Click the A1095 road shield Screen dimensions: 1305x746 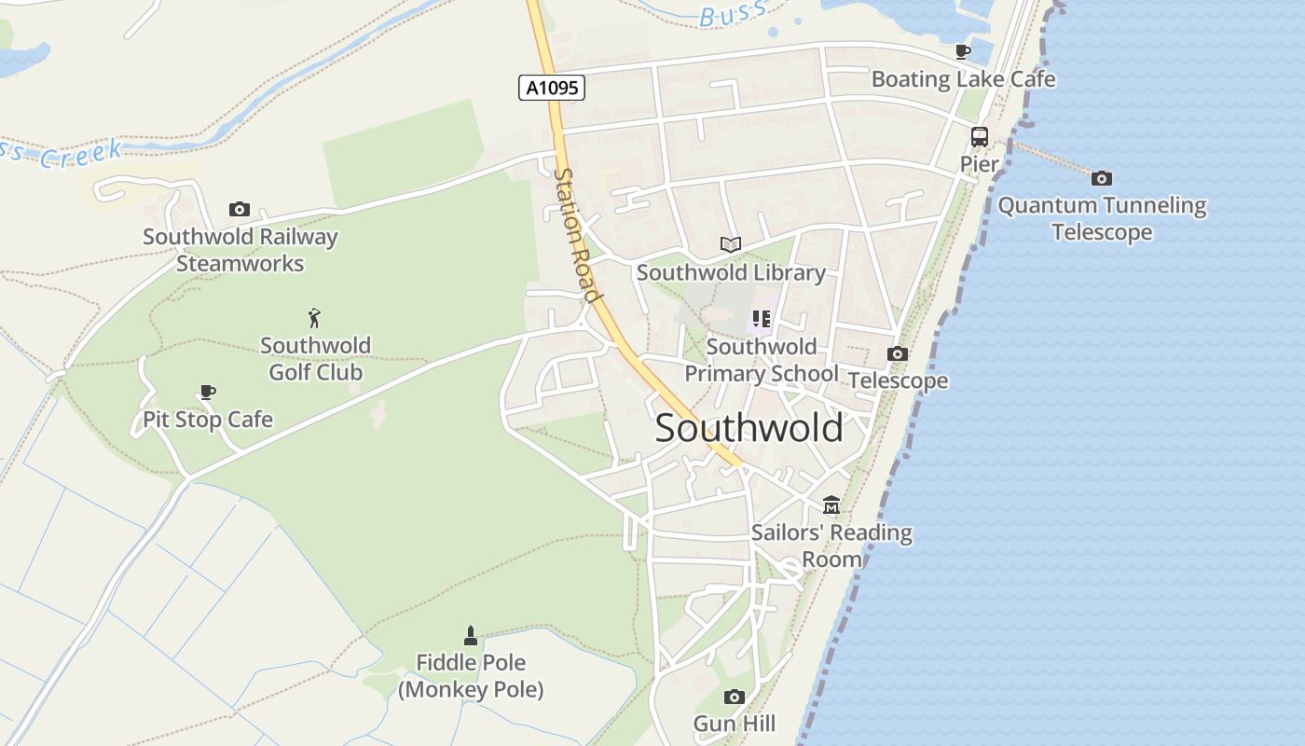pyautogui.click(x=552, y=88)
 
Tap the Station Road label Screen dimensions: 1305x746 pyautogui.click(x=575, y=235)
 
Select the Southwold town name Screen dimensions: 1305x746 pyautogui.click(x=749, y=428)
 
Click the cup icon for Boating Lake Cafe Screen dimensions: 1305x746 pyautogui.click(x=963, y=51)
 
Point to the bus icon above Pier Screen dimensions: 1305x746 pyautogui.click(x=979, y=137)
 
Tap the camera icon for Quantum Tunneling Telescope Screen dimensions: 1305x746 pyautogui.click(x=1102, y=178)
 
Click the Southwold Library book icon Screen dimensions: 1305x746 pyautogui.click(x=731, y=244)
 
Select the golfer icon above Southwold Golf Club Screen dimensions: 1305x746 pyautogui.click(x=315, y=317)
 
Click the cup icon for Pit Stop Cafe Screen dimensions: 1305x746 pyautogui.click(x=207, y=392)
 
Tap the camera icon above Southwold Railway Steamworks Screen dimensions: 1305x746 pyautogui.click(x=240, y=209)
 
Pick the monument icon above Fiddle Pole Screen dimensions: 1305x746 pyautogui.click(x=471, y=635)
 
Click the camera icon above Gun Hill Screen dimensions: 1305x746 pyautogui.click(x=735, y=697)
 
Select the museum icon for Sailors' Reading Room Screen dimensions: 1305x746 pyautogui.click(x=831, y=505)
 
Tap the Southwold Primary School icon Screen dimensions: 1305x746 pyautogui.click(x=761, y=319)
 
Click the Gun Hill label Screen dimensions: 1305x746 pyautogui.click(x=735, y=724)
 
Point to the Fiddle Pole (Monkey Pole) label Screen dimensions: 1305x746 pyautogui.click(x=471, y=676)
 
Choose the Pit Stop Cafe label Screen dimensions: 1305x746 pyautogui.click(x=208, y=420)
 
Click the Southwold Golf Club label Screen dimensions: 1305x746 pyautogui.click(x=315, y=359)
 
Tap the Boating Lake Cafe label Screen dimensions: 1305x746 pyautogui.click(x=963, y=79)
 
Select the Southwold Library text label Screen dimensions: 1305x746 pyautogui.click(x=731, y=272)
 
